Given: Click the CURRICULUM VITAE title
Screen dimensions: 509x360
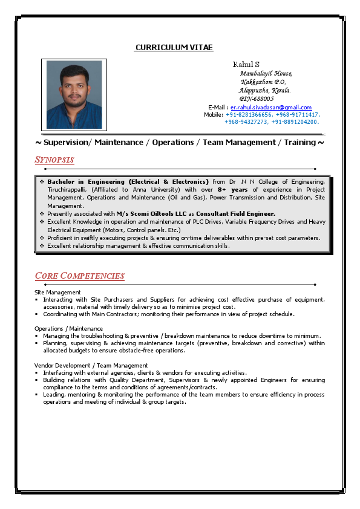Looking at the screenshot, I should [174, 48].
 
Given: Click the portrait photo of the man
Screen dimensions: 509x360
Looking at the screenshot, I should [74, 95].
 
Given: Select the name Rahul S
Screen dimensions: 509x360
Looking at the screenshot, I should [246, 64].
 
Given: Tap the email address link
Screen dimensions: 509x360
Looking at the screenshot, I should [271, 107].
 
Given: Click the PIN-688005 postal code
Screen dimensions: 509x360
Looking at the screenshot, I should [257, 99].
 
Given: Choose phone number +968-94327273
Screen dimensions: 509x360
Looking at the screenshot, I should [246, 122].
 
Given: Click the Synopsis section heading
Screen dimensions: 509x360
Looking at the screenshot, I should [54, 160].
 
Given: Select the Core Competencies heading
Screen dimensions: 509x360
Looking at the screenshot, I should [80, 276].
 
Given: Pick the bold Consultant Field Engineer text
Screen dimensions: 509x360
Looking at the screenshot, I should [235, 213].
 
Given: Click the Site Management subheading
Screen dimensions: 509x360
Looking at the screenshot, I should [57, 292].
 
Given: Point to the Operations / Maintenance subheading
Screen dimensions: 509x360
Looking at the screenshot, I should [68, 328].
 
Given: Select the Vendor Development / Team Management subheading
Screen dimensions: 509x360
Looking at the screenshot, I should [91, 365].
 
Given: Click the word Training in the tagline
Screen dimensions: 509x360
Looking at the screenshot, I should [299, 142].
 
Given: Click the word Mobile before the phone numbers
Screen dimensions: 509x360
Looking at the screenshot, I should [213, 114].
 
